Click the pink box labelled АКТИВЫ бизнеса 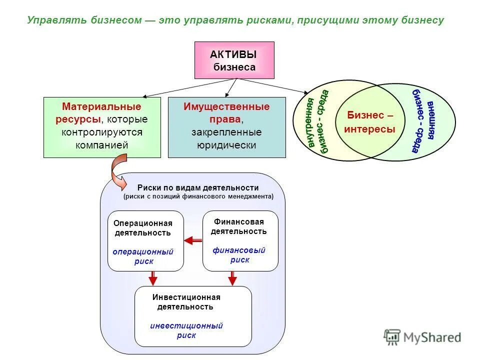pyautogui.click(x=234, y=60)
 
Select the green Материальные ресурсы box pyautogui.click(x=102, y=127)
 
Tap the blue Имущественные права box pyautogui.click(x=226, y=127)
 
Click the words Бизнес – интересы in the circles pyautogui.click(x=369, y=122)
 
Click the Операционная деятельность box pyautogui.click(x=145, y=241)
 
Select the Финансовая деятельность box pyautogui.click(x=240, y=241)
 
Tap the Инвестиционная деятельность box pyautogui.click(x=193, y=316)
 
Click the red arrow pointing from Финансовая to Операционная pyautogui.click(x=192, y=241)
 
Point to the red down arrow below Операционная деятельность pyautogui.click(x=153, y=278)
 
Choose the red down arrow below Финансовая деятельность pyautogui.click(x=232, y=278)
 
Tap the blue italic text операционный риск pyautogui.click(x=143, y=256)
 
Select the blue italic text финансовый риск pyautogui.click(x=239, y=255)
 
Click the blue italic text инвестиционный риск pyautogui.click(x=186, y=330)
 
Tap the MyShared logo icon pyautogui.click(x=392, y=337)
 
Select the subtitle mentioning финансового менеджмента pyautogui.click(x=198, y=196)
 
